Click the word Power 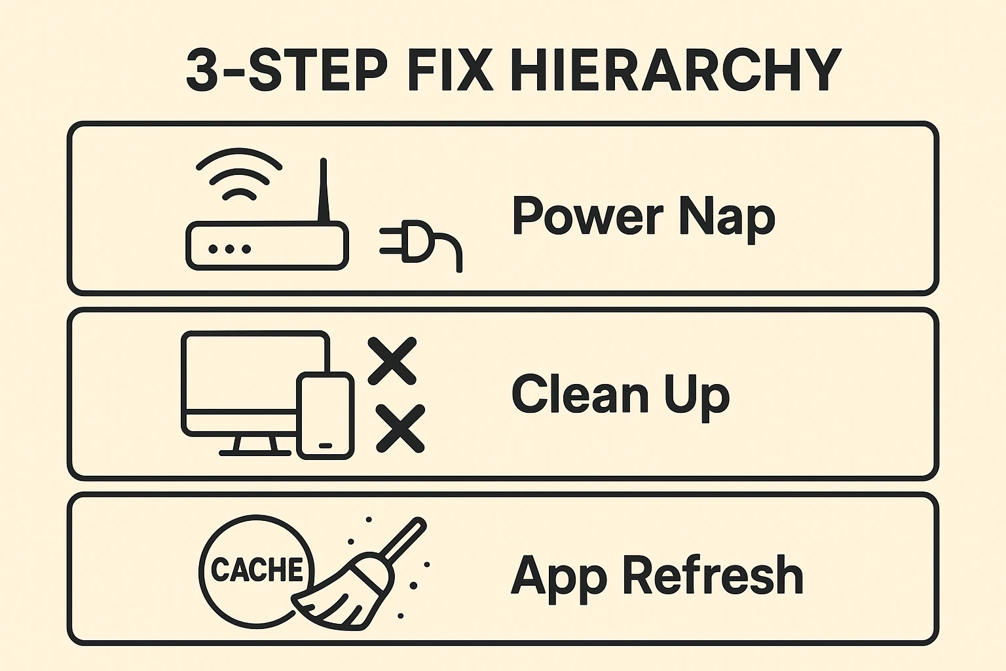(587, 217)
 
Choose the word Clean (580, 394)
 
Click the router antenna (322, 190)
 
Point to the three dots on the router (229, 249)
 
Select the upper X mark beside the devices (392, 360)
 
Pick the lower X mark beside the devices (400, 428)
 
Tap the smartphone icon (326, 415)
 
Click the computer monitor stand (255, 446)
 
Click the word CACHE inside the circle (257, 569)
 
